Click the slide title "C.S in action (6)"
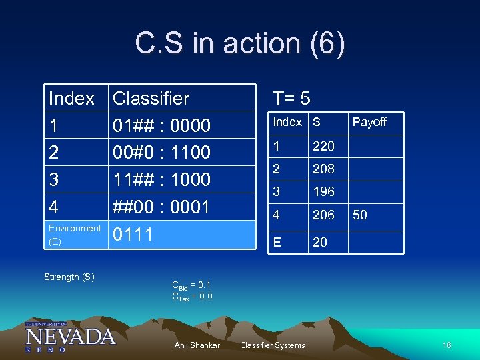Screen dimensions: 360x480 tap(240, 44)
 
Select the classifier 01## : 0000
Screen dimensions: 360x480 tap(162, 126)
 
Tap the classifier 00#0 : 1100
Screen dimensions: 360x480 tap(162, 153)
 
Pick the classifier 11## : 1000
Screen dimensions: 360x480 tap(162, 180)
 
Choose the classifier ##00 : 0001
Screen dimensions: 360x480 tap(162, 207)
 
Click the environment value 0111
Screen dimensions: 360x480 tap(133, 235)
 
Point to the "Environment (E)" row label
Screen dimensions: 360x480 tap(75, 235)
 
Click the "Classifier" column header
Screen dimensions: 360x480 tap(151, 99)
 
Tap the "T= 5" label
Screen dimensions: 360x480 tap(291, 99)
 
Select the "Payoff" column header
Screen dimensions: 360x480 tap(369, 122)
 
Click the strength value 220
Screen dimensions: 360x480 tap(323, 146)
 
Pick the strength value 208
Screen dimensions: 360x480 tap(323, 169)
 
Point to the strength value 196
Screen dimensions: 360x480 tap(323, 192)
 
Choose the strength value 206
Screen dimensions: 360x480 tap(323, 215)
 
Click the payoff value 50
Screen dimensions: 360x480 tap(361, 215)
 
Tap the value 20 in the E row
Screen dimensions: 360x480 tap(320, 242)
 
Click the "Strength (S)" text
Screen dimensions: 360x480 tap(69, 277)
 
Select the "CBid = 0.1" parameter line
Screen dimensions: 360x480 tap(191, 285)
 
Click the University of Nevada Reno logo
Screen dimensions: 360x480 tap(70, 335)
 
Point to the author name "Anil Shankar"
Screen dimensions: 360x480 tap(197, 345)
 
